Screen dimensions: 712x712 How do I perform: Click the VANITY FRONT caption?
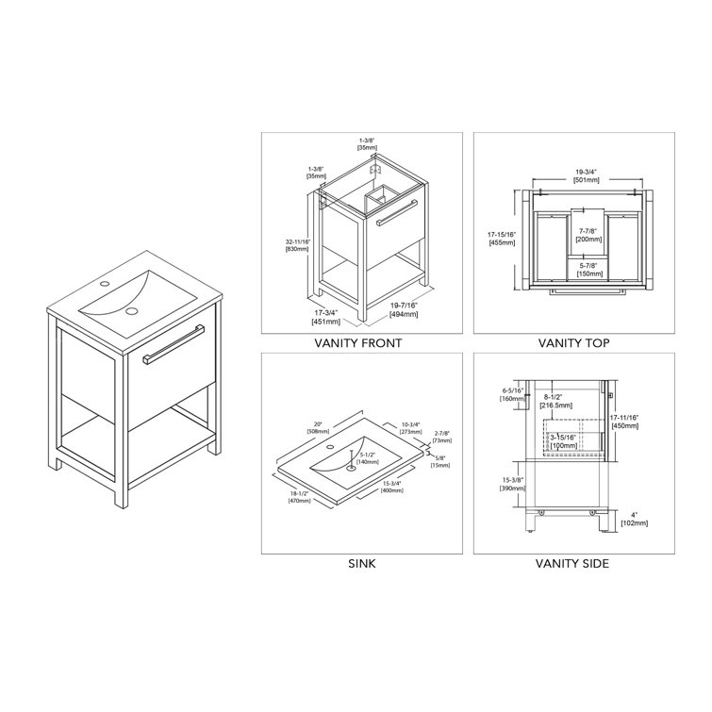361,343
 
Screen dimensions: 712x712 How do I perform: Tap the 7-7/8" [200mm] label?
588,235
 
